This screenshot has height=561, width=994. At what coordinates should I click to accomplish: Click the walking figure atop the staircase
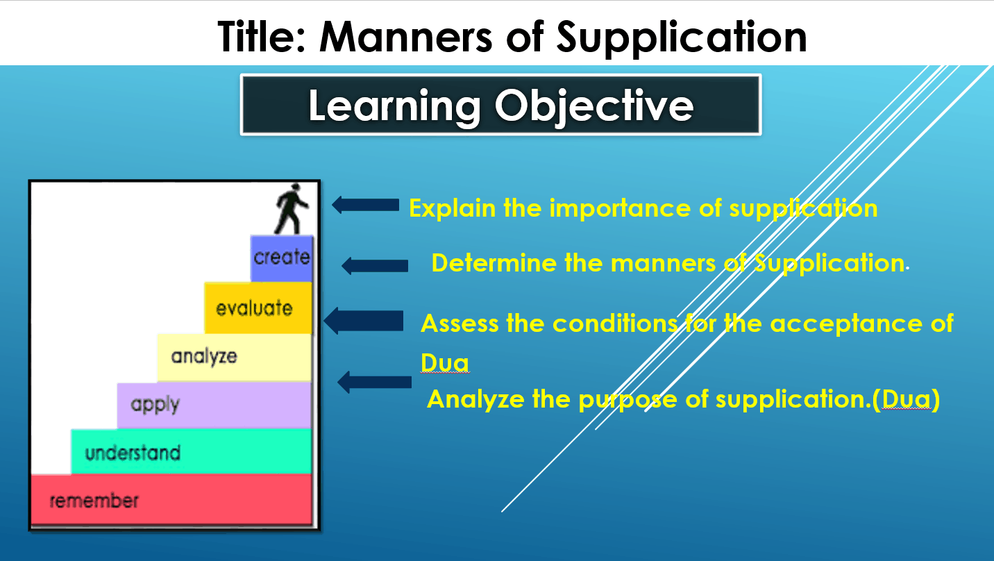[291, 208]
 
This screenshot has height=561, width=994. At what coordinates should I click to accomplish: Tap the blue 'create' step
[282, 258]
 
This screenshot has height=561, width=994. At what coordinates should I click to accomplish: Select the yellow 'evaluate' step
[258, 308]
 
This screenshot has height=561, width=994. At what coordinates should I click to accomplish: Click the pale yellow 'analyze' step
[235, 358]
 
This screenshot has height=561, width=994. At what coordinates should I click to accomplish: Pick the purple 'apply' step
[214, 405]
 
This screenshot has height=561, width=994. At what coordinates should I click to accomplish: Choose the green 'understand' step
[192, 451]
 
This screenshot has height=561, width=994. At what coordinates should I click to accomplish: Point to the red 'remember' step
[171, 500]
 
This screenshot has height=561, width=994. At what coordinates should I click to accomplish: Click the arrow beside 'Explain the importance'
[365, 205]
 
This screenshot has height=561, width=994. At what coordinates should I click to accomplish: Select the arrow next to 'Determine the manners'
[375, 266]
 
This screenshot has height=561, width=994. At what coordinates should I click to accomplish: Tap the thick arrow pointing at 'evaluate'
[364, 321]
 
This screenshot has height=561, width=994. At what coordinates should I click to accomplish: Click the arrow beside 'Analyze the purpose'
[375, 382]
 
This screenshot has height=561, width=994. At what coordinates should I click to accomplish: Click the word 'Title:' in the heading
[262, 37]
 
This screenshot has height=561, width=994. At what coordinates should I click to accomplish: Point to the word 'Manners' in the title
[406, 37]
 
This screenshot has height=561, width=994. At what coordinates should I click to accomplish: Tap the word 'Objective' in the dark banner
[594, 106]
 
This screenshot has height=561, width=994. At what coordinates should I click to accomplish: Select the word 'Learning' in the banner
[394, 106]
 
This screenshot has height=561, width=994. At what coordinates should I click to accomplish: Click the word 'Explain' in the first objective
[452, 208]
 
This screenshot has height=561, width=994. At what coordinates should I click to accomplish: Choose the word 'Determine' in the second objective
[494, 263]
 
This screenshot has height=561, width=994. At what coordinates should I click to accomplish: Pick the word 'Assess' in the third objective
[460, 324]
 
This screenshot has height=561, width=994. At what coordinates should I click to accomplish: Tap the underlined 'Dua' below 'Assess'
[445, 362]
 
